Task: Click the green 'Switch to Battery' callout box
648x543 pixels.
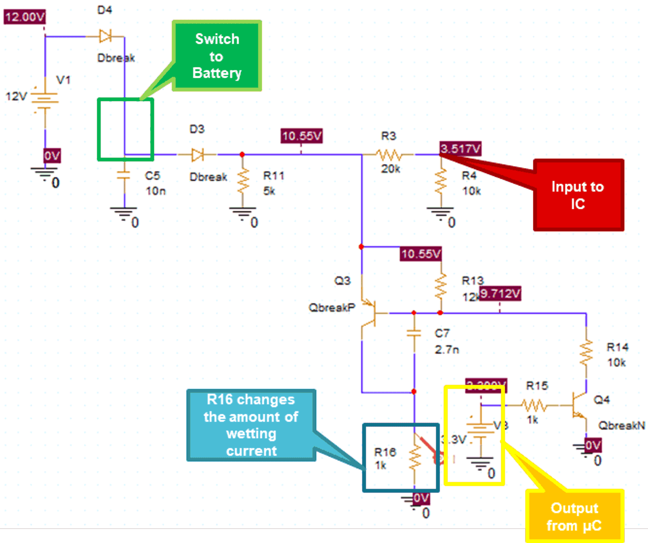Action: (217, 56)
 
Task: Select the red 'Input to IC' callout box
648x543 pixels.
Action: (578, 195)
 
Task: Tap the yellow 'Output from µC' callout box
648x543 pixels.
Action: (574, 516)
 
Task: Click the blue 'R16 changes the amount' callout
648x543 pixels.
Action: (251, 425)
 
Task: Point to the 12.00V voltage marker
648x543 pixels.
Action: (25, 17)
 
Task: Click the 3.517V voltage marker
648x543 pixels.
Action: (460, 149)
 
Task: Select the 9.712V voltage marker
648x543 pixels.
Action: (500, 294)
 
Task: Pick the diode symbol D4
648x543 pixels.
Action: (105, 36)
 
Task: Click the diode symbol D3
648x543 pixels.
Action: (197, 155)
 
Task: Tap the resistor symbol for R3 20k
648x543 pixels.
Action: (389, 155)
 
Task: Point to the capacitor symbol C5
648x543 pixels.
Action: (124, 175)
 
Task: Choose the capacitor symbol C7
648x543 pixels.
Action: (414, 333)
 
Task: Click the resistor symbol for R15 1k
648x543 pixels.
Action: (534, 405)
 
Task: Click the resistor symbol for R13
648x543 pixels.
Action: (441, 286)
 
